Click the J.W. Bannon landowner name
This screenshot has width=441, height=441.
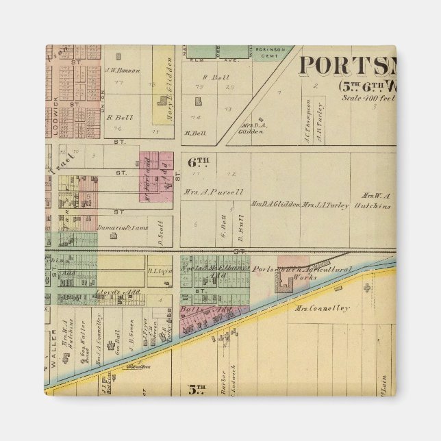122,70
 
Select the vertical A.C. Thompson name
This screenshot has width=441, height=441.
307,122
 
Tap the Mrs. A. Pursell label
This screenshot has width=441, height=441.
213,192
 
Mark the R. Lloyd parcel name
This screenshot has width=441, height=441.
158,270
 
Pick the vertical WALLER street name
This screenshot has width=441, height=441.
51,355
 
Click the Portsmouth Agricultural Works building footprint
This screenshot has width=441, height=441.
283,283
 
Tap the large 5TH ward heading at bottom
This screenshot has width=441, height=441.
197,390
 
